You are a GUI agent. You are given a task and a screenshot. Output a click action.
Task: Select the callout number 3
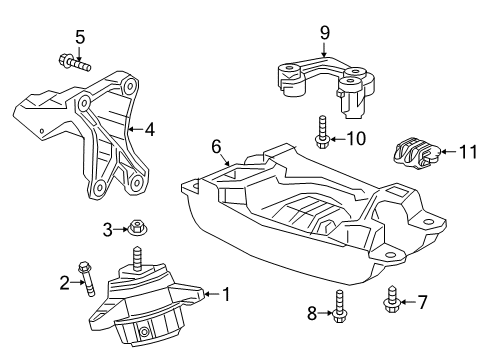tap(108, 231)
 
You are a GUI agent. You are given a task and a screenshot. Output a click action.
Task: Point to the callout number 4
tap(149, 128)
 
